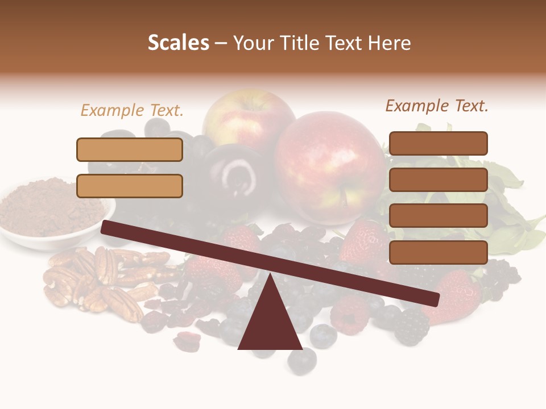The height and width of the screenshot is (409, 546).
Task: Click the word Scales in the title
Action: (x=178, y=43)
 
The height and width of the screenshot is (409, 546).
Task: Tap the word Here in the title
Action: (x=388, y=43)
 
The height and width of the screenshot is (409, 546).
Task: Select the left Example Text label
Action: (x=132, y=110)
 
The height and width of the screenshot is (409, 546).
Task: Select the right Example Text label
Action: (x=437, y=106)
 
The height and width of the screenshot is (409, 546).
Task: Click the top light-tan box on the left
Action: (x=130, y=149)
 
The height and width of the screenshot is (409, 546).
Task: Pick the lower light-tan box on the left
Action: (x=130, y=186)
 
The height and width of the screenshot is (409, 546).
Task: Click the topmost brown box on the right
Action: (x=438, y=143)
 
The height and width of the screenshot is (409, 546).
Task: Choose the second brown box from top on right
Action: (x=438, y=180)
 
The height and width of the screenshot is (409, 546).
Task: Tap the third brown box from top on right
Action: (x=438, y=216)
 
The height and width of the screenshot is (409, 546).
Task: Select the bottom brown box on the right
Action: (x=438, y=252)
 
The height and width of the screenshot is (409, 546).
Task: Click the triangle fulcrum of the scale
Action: (x=270, y=321)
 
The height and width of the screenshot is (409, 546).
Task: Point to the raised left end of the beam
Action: (x=108, y=227)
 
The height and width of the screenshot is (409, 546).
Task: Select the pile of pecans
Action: (x=100, y=281)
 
